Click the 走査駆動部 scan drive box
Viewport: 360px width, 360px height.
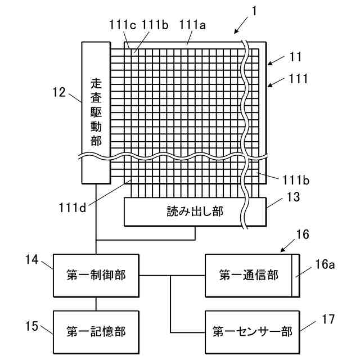click(96, 112)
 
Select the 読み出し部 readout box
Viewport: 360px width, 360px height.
click(195, 212)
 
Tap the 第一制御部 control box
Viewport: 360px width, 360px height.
click(96, 275)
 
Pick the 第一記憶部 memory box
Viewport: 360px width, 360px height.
click(96, 331)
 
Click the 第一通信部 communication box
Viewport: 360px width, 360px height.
click(249, 275)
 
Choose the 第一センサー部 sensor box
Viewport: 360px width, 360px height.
click(252, 331)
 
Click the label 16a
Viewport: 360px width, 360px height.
click(325, 264)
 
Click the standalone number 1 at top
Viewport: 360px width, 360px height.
click(254, 11)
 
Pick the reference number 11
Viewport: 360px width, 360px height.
click(296, 56)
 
